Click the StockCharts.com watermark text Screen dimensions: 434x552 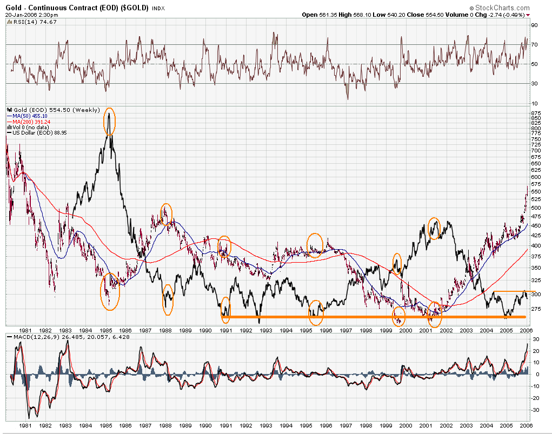[x=502, y=8]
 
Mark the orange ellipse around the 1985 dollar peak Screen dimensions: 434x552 [x=110, y=122]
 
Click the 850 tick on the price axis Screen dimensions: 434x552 [x=537, y=118]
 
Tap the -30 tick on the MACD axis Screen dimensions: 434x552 [x=535, y=410]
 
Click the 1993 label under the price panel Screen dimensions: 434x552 [x=266, y=330]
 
